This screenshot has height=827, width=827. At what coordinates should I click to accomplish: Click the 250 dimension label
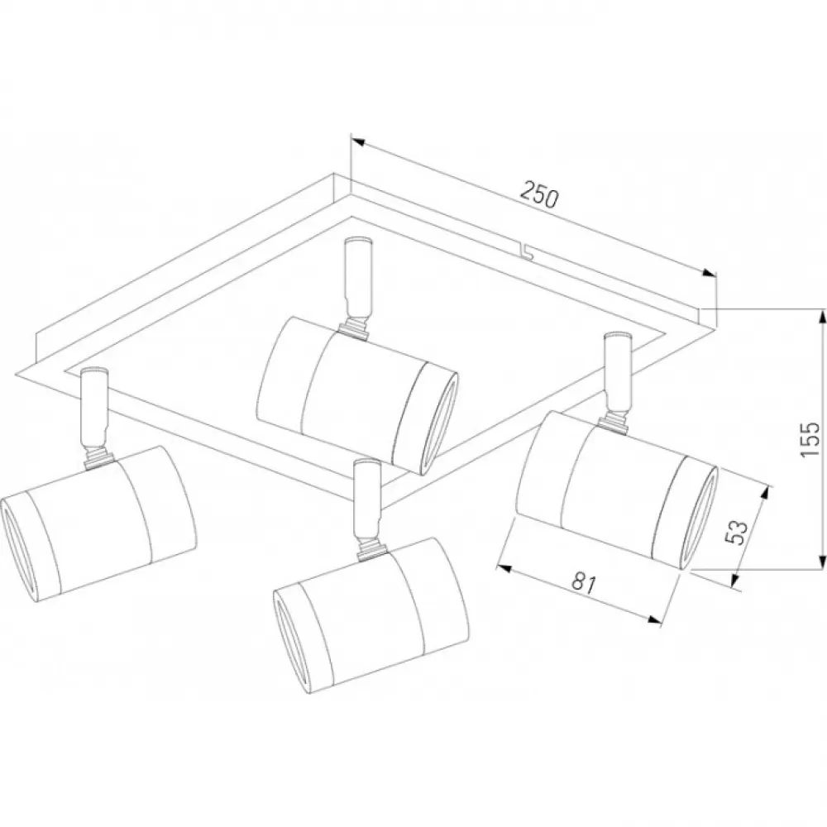(538, 194)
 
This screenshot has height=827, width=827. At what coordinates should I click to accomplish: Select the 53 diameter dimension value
(737, 532)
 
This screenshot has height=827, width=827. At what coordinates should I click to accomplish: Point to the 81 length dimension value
(584, 583)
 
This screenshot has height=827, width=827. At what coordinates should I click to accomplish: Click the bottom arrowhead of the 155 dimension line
(821, 562)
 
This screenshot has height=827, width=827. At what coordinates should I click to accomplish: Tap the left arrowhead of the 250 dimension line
(358, 141)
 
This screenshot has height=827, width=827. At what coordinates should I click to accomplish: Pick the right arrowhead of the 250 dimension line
(709, 273)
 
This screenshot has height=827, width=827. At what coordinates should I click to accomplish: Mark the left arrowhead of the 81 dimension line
(504, 568)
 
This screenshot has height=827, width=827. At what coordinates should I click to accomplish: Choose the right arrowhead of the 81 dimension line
(654, 621)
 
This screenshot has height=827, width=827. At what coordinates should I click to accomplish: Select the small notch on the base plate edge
(528, 251)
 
